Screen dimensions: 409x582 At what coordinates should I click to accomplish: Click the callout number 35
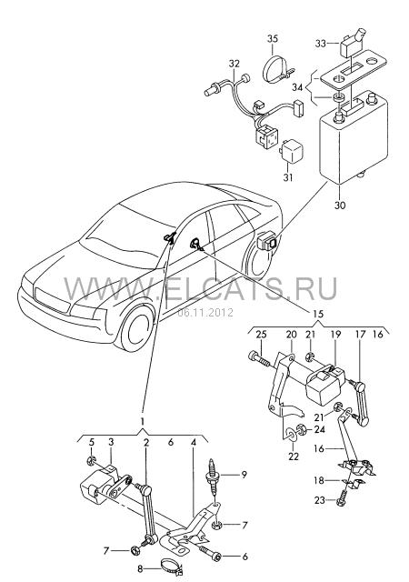(x=273, y=38)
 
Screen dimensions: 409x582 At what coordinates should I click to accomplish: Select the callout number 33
(x=321, y=44)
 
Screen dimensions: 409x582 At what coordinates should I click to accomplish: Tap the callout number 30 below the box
(x=340, y=205)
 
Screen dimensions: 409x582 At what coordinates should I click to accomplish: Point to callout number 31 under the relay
(x=287, y=177)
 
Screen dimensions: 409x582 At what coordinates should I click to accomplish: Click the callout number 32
(x=234, y=64)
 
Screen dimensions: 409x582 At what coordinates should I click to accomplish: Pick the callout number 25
(x=261, y=334)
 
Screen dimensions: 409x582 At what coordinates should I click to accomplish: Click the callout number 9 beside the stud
(x=244, y=475)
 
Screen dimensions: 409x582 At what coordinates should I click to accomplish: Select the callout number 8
(x=140, y=568)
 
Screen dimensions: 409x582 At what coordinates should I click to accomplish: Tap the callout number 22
(x=294, y=457)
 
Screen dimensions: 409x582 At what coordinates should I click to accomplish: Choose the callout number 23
(x=320, y=500)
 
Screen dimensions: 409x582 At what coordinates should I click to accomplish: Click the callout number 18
(x=319, y=481)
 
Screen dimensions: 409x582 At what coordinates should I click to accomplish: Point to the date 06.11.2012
(x=205, y=312)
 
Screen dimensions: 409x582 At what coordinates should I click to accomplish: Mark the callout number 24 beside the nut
(x=320, y=429)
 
